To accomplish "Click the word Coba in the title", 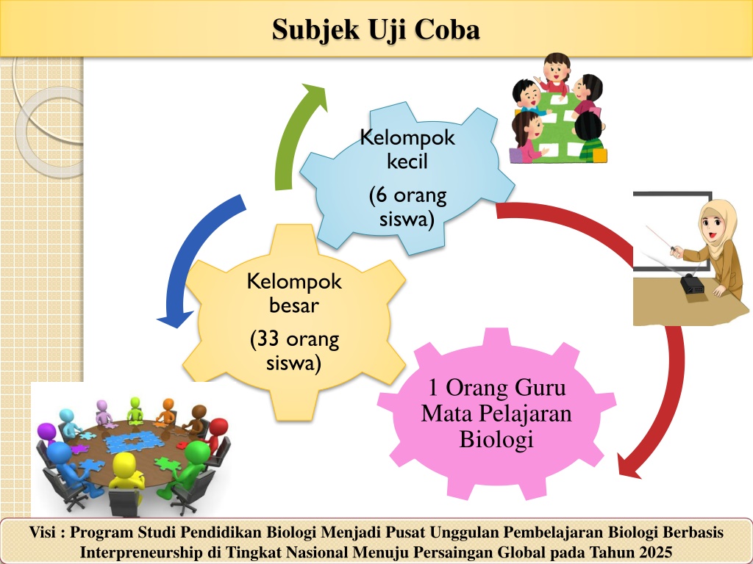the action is pos(447,29).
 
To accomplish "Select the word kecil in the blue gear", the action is pos(407,161).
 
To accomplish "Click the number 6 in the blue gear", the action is pos(382,195).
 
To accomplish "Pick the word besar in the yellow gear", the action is pos(294,305).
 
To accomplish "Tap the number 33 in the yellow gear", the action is pos(268,339).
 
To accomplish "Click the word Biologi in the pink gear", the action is pos(496,440).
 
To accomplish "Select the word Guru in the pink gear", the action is pos(540,388).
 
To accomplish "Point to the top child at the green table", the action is pos(555,71).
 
